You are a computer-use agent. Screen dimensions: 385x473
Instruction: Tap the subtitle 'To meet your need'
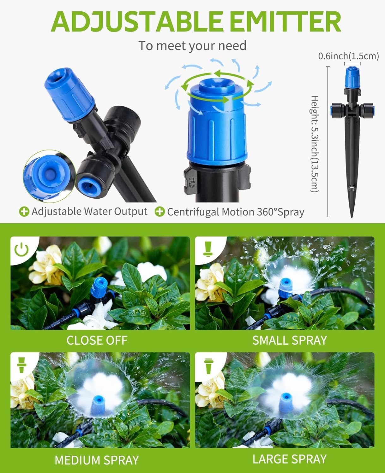(192, 46)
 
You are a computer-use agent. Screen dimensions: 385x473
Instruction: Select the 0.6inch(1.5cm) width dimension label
(349, 56)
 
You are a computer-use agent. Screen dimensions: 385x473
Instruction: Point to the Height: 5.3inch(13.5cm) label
(315, 144)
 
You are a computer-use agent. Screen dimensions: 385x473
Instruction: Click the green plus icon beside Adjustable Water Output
(24, 212)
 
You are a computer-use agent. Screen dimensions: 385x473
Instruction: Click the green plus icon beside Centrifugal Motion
(160, 212)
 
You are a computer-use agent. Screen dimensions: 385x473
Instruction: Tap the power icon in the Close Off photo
(21, 249)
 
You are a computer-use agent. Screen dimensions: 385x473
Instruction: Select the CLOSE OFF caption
(97, 340)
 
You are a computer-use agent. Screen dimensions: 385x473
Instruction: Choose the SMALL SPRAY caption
(290, 340)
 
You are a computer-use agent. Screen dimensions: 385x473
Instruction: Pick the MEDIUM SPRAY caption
(97, 460)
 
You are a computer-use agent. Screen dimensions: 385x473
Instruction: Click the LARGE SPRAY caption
(290, 459)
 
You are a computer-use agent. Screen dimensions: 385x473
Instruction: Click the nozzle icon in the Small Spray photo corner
(208, 249)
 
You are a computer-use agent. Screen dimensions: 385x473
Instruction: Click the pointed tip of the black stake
(352, 217)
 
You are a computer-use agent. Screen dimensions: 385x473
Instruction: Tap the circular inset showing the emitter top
(49, 176)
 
